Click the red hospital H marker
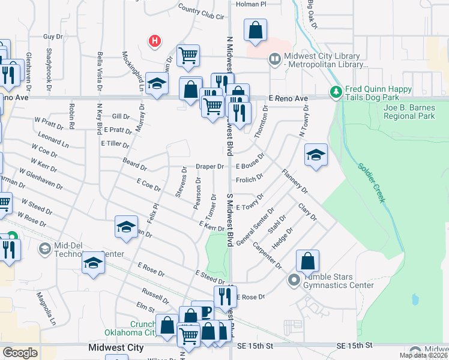click(155, 41)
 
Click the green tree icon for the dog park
click(335, 92)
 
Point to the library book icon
click(274, 58)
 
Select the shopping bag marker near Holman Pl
click(256, 30)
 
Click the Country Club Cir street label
click(200, 12)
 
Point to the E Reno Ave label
click(288, 98)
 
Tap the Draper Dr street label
click(209, 166)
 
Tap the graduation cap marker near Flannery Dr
click(316, 155)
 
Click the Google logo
click(20, 352)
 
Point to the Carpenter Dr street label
click(267, 254)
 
